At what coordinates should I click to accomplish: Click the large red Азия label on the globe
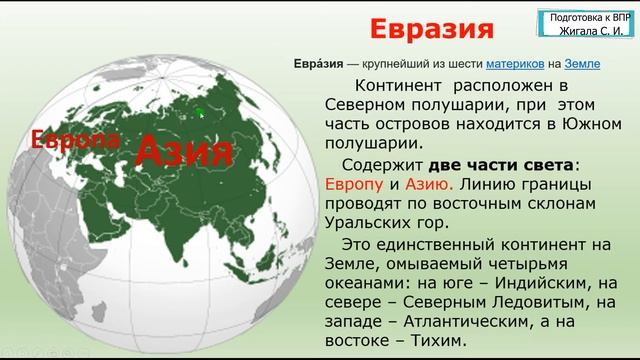pyautogui.click(x=183, y=152)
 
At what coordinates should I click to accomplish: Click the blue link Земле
pyautogui.click(x=581, y=63)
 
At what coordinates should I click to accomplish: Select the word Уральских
pyautogui.click(x=378, y=224)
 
